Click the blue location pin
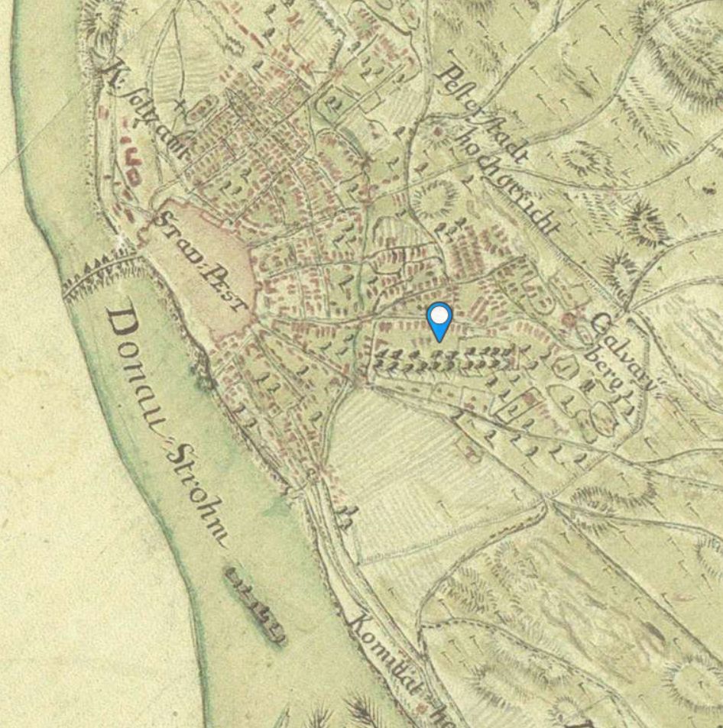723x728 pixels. pos(439,321)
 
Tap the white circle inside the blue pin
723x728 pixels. pos(439,315)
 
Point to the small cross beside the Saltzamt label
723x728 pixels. pos(180,102)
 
